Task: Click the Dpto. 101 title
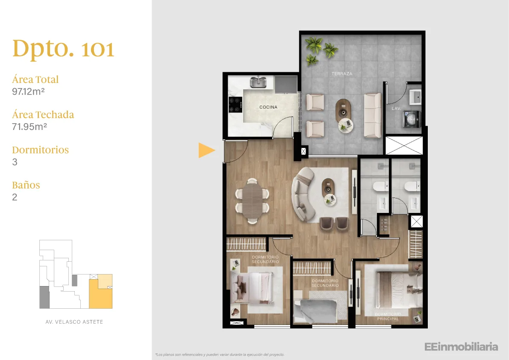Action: pyautogui.click(x=63, y=49)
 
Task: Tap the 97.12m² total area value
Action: pyautogui.click(x=28, y=91)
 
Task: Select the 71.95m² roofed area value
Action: pyautogui.click(x=29, y=127)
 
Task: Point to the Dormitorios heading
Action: pyautogui.click(x=41, y=150)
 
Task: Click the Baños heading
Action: pyautogui.click(x=26, y=185)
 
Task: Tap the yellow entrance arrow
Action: pyautogui.click(x=206, y=150)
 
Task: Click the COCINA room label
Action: pyautogui.click(x=268, y=107)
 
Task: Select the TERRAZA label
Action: pyautogui.click(x=342, y=74)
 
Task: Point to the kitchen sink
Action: pyautogui.click(x=258, y=82)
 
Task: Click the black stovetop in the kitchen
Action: pyautogui.click(x=235, y=104)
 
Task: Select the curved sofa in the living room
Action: pyautogui.click(x=303, y=195)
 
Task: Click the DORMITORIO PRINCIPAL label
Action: pyautogui.click(x=388, y=316)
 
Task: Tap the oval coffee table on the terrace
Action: pyautogui.click(x=344, y=110)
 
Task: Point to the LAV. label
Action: pyautogui.click(x=396, y=109)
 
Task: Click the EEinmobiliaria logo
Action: pyautogui.click(x=461, y=347)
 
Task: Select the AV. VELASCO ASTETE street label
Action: pyautogui.click(x=74, y=322)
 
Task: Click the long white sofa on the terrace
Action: pyautogui.click(x=372, y=115)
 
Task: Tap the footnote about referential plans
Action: pyautogui.click(x=220, y=354)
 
